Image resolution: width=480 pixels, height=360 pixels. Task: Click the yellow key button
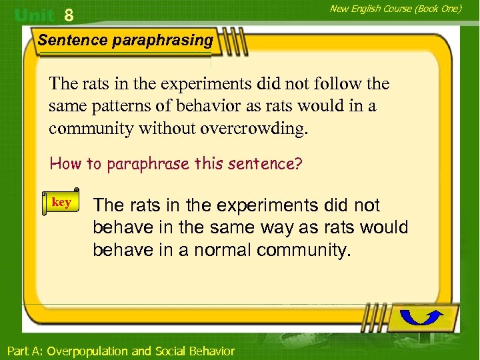61,202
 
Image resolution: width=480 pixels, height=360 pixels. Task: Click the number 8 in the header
69,15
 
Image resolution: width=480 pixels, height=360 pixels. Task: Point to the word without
167,128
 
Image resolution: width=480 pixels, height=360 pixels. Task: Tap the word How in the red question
65,163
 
